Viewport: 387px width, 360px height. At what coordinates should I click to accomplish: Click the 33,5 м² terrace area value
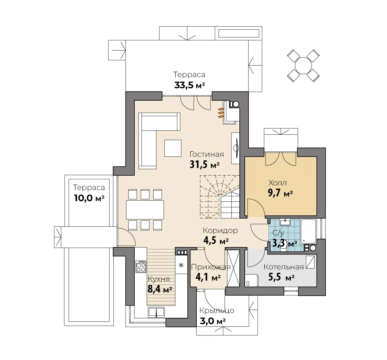click(x=189, y=85)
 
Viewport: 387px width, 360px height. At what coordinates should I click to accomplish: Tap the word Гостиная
click(x=206, y=154)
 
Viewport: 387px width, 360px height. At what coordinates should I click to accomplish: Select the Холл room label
click(x=278, y=183)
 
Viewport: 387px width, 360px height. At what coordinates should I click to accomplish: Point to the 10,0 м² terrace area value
click(x=89, y=198)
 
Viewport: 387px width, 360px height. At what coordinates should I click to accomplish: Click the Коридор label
click(x=220, y=231)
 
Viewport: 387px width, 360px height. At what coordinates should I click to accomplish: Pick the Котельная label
click(x=283, y=267)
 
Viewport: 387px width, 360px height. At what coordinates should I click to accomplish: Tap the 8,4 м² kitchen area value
click(x=160, y=289)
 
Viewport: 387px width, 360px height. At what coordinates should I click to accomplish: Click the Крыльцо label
click(x=217, y=311)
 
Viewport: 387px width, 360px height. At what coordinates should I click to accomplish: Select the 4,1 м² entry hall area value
click(x=208, y=277)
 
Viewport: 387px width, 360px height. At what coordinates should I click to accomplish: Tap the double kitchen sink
click(x=156, y=312)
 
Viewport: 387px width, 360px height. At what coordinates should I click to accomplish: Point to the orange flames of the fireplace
click(x=221, y=113)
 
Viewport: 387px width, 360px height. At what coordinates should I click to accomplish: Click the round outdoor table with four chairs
click(x=303, y=66)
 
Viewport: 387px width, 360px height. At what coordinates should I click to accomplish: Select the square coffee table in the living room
click(x=173, y=148)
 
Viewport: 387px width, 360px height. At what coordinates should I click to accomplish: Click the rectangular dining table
click(x=145, y=210)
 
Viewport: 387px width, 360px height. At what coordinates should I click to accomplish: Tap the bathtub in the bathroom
click(x=308, y=231)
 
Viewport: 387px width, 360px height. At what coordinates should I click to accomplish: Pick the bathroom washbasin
click(x=285, y=222)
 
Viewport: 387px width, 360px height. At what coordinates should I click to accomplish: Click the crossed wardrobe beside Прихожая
click(x=233, y=269)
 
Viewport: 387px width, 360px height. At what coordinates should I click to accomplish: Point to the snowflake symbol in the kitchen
click(x=181, y=265)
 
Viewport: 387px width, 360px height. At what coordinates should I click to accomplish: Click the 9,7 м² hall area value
click(x=280, y=193)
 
